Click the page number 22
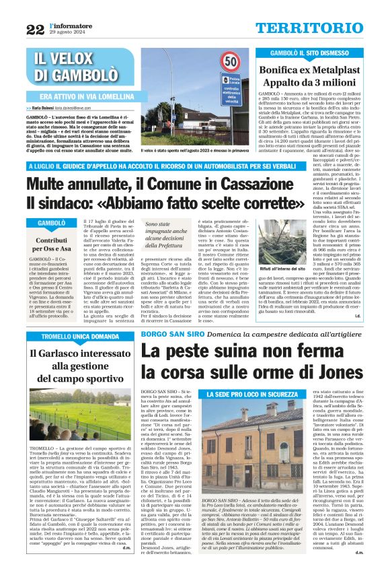[35, 29]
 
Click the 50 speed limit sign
[231, 63]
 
